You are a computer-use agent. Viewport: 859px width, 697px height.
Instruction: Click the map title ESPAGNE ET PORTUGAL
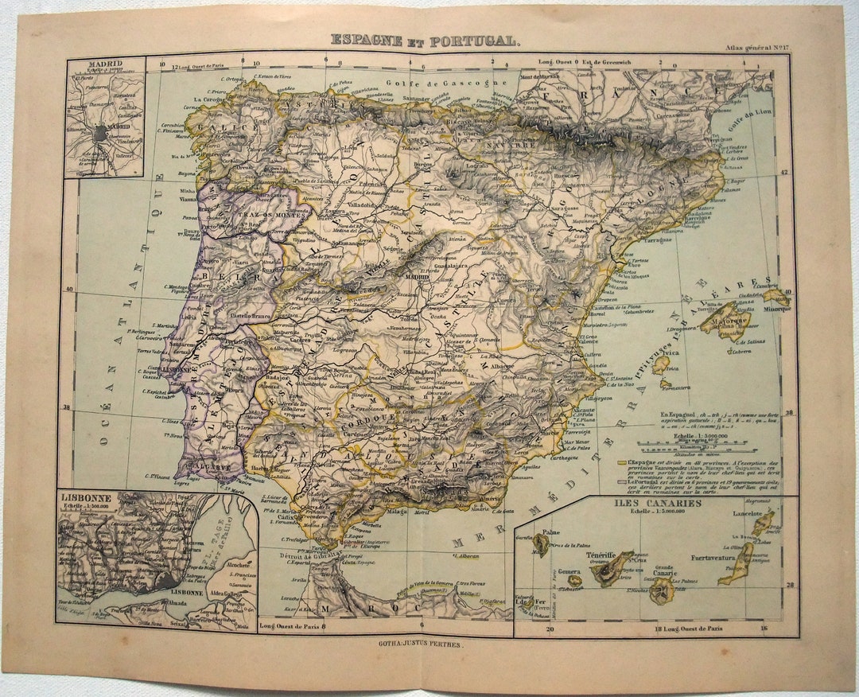(426, 40)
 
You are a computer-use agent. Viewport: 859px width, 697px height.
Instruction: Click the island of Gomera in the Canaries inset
(574, 580)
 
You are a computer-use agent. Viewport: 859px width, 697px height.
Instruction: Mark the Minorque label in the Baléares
(777, 308)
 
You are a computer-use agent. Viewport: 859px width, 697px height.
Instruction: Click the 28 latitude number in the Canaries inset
(789, 586)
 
